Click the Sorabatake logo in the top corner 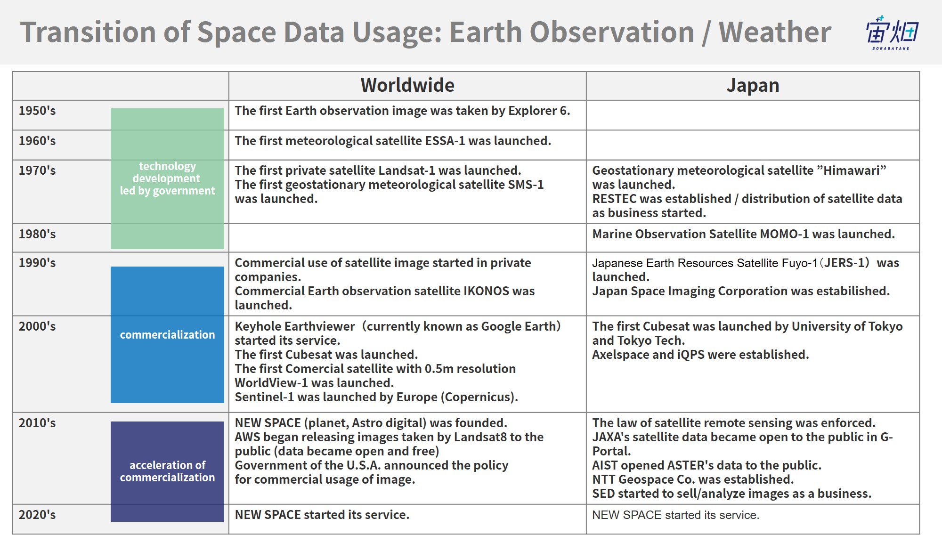[x=892, y=32]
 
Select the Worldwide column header [x=407, y=85]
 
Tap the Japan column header [x=753, y=86]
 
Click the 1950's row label [x=37, y=111]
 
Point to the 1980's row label [x=37, y=234]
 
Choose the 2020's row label [x=37, y=515]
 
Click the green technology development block [x=167, y=178]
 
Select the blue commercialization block [x=167, y=335]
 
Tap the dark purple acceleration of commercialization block [x=167, y=471]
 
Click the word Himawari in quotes [x=852, y=170]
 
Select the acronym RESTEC [x=613, y=199]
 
